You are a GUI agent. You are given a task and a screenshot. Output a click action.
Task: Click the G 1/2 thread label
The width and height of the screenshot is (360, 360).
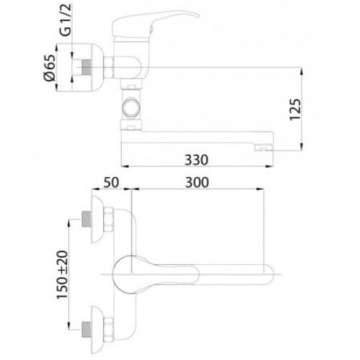coord(66,20)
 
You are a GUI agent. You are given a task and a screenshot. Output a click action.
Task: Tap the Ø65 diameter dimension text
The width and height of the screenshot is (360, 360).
coord(50,68)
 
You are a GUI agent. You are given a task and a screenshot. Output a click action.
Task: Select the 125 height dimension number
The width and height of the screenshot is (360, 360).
coord(295,109)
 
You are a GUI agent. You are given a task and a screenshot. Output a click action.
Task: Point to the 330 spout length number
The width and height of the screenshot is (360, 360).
coord(197,160)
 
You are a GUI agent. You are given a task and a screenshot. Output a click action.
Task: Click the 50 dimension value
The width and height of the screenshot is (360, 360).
coord(111,182)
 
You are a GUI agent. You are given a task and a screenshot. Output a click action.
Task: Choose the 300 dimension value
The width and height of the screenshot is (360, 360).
coord(197,182)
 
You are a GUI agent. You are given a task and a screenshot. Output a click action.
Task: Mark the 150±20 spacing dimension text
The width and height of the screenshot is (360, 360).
coord(62,275)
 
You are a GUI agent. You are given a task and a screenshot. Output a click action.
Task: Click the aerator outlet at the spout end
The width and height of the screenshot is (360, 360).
coord(264,148)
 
